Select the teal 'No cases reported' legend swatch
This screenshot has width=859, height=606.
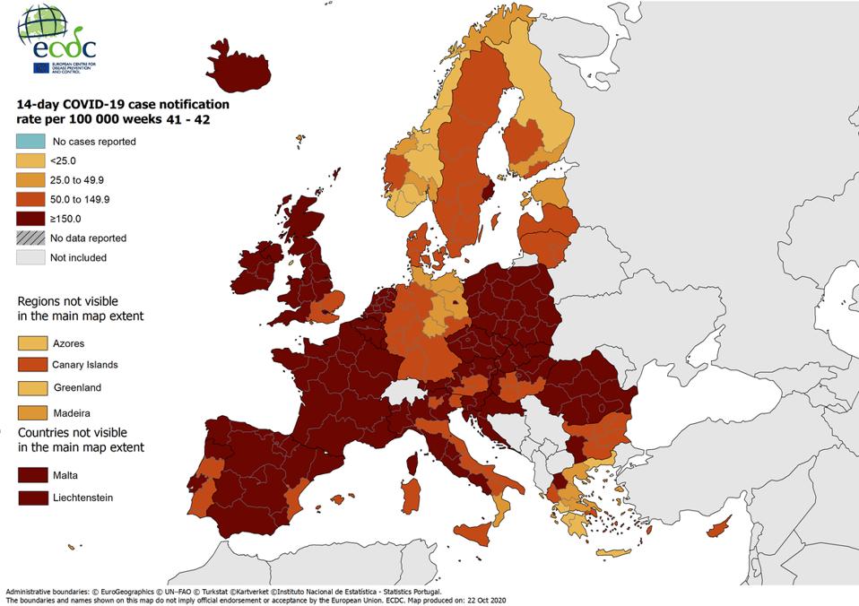pyautogui.click(x=30, y=142)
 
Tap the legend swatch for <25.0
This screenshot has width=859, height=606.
pyautogui.click(x=30, y=160)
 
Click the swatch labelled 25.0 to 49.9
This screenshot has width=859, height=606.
pyautogui.click(x=30, y=180)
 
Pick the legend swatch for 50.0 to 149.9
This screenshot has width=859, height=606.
pyautogui.click(x=30, y=199)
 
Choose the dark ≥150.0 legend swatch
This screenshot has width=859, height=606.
pyautogui.click(x=30, y=219)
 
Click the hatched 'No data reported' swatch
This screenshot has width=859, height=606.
pyautogui.click(x=30, y=238)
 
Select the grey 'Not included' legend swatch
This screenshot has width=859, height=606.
pyautogui.click(x=30, y=257)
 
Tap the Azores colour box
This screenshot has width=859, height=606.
pyautogui.click(x=30, y=343)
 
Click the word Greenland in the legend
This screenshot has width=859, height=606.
pyautogui.click(x=77, y=388)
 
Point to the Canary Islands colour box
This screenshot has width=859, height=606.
pyautogui.click(x=30, y=365)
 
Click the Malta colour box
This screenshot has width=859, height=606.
pyautogui.click(x=30, y=475)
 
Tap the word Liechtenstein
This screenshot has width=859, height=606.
pyautogui.click(x=83, y=498)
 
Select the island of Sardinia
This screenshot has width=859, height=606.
pyautogui.click(x=411, y=496)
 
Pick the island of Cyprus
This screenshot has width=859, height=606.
pyautogui.click(x=717, y=530)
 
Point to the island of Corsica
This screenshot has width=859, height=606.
pyautogui.click(x=415, y=463)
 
